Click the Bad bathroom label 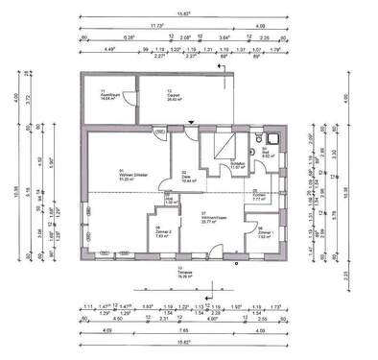(267, 151)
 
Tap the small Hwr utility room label (171, 202)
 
